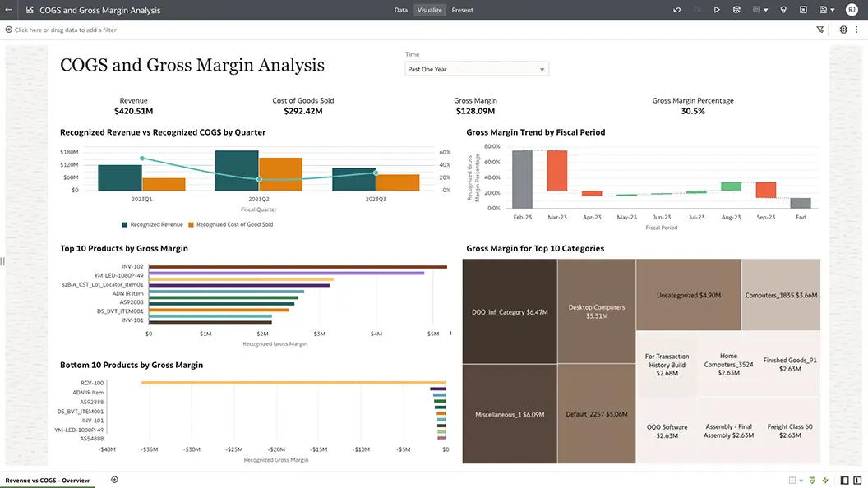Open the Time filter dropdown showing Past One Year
coord(476,70)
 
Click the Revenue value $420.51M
coord(133,111)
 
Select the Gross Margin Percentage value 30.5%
coord(692,111)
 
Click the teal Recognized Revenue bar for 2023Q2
coord(237,171)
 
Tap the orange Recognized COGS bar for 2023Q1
coord(164,184)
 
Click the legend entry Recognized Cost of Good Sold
coord(234,224)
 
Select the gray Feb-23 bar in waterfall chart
coord(522,179)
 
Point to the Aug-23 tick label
coord(731,218)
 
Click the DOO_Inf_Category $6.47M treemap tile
coord(510,312)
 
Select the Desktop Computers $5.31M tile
coord(597,311)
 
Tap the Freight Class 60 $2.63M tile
coord(790,430)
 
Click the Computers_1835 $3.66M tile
coord(780,295)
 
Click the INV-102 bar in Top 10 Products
coord(297,266)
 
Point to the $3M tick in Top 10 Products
coord(319,334)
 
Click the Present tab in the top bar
coord(462,10)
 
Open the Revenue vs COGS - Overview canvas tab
coord(48,480)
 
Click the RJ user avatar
coord(851,10)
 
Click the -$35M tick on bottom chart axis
coord(150,450)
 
